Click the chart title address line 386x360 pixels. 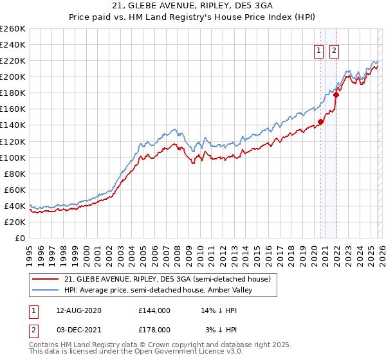[x=192, y=6]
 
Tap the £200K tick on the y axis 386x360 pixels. [x=13, y=77]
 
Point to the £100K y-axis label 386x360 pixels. [x=13, y=157]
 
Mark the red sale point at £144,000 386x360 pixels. [x=320, y=122]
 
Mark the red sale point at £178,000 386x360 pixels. [x=335, y=94]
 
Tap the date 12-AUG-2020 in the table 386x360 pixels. [x=79, y=310]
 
